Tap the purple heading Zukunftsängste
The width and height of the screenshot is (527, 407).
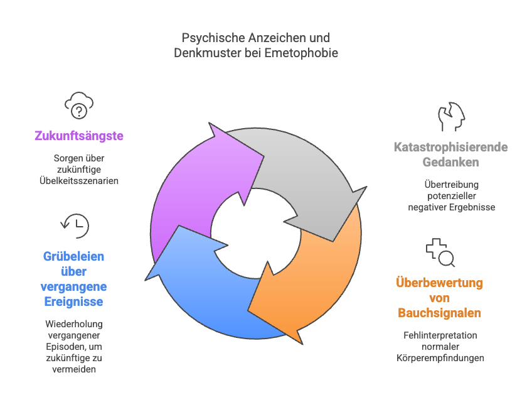(79, 136)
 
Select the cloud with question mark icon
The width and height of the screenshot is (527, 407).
(79, 105)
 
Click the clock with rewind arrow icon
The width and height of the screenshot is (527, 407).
(75, 225)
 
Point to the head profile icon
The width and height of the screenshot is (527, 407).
(451, 116)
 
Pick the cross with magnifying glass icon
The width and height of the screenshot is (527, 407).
(440, 252)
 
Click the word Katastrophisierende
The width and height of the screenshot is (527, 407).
(450, 147)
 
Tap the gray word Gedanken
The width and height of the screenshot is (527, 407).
(450, 162)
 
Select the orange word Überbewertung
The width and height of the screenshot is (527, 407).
(439, 283)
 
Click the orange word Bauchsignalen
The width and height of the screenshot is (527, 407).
(439, 313)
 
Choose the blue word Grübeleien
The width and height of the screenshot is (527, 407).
(73, 256)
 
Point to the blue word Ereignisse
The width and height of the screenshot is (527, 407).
(73, 301)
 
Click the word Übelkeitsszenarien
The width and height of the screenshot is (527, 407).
(79, 181)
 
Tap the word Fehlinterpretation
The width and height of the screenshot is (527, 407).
(440, 335)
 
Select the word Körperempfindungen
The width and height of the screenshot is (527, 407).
(440, 358)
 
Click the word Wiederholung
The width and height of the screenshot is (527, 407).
(74, 324)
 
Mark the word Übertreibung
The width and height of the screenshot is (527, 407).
(451, 184)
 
